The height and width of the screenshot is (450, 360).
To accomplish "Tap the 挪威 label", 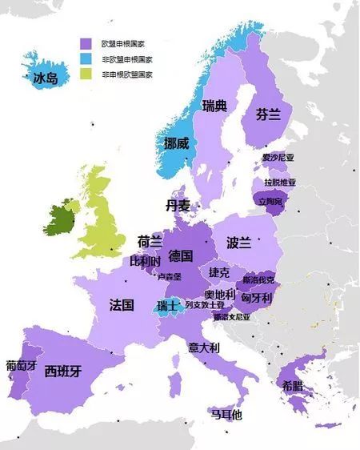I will coord(175,143).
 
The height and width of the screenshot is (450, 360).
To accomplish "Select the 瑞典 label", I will coord(215,106).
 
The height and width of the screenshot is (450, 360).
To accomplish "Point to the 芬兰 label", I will coord(268,115).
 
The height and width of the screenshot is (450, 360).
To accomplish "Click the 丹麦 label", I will coord(178,206).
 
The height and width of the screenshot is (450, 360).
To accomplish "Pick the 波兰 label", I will coord(238,242).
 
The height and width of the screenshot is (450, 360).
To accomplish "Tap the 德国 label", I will coord(181,256).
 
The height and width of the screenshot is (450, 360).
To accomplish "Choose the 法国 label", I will coord(121,304).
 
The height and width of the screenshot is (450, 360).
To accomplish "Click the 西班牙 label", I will coord(62,371).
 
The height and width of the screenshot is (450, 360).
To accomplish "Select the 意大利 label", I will coord(204,348).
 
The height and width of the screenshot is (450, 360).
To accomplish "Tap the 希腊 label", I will coord(293,386).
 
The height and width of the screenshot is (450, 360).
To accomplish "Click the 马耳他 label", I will coord(226,415).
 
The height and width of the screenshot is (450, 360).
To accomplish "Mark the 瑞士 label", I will coord(167,305).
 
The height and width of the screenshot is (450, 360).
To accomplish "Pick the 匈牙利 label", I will coord(257,298).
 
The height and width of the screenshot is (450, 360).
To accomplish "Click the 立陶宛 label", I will coord(270,202).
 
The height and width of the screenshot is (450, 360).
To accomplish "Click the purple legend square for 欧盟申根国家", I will coord(84,43).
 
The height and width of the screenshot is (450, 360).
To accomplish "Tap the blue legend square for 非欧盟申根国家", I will coord(84,58).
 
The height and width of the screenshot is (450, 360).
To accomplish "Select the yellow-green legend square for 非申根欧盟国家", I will coord(84,74).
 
